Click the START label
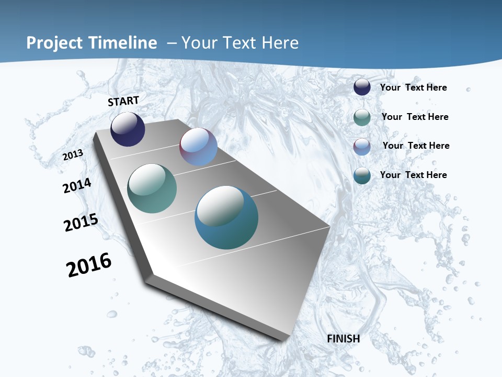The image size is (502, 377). (123, 101)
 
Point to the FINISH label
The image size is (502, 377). (344, 339)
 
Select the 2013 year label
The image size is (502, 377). (73, 154)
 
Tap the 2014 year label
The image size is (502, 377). (77, 186)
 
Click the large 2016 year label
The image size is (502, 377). (89, 265)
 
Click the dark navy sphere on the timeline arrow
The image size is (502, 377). (128, 129)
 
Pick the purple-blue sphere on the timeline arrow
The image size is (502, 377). (198, 147)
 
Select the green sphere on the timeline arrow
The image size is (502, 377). (152, 188)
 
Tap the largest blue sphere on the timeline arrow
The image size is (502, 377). (226, 217)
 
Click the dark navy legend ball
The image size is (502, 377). (362, 87)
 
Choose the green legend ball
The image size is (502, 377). (362, 117)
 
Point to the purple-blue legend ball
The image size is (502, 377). (362, 147)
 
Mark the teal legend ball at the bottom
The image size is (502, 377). (362, 175)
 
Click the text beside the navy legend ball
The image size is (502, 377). (413, 87)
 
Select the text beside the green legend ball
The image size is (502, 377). (415, 117)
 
